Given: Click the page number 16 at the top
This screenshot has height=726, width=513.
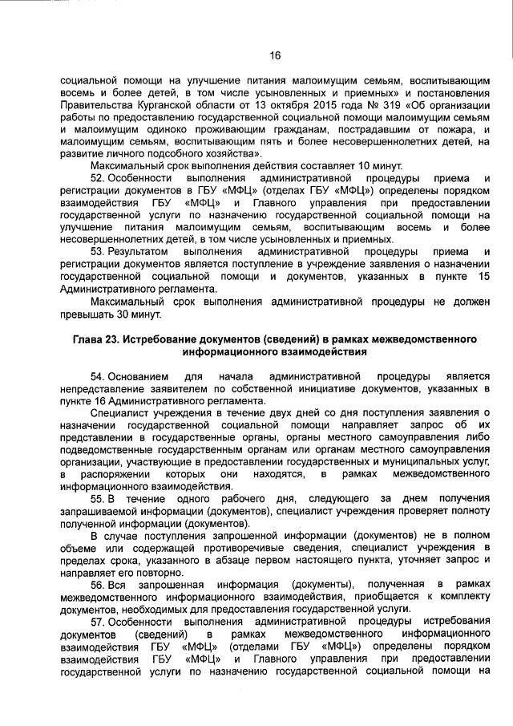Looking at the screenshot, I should [x=274, y=55].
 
